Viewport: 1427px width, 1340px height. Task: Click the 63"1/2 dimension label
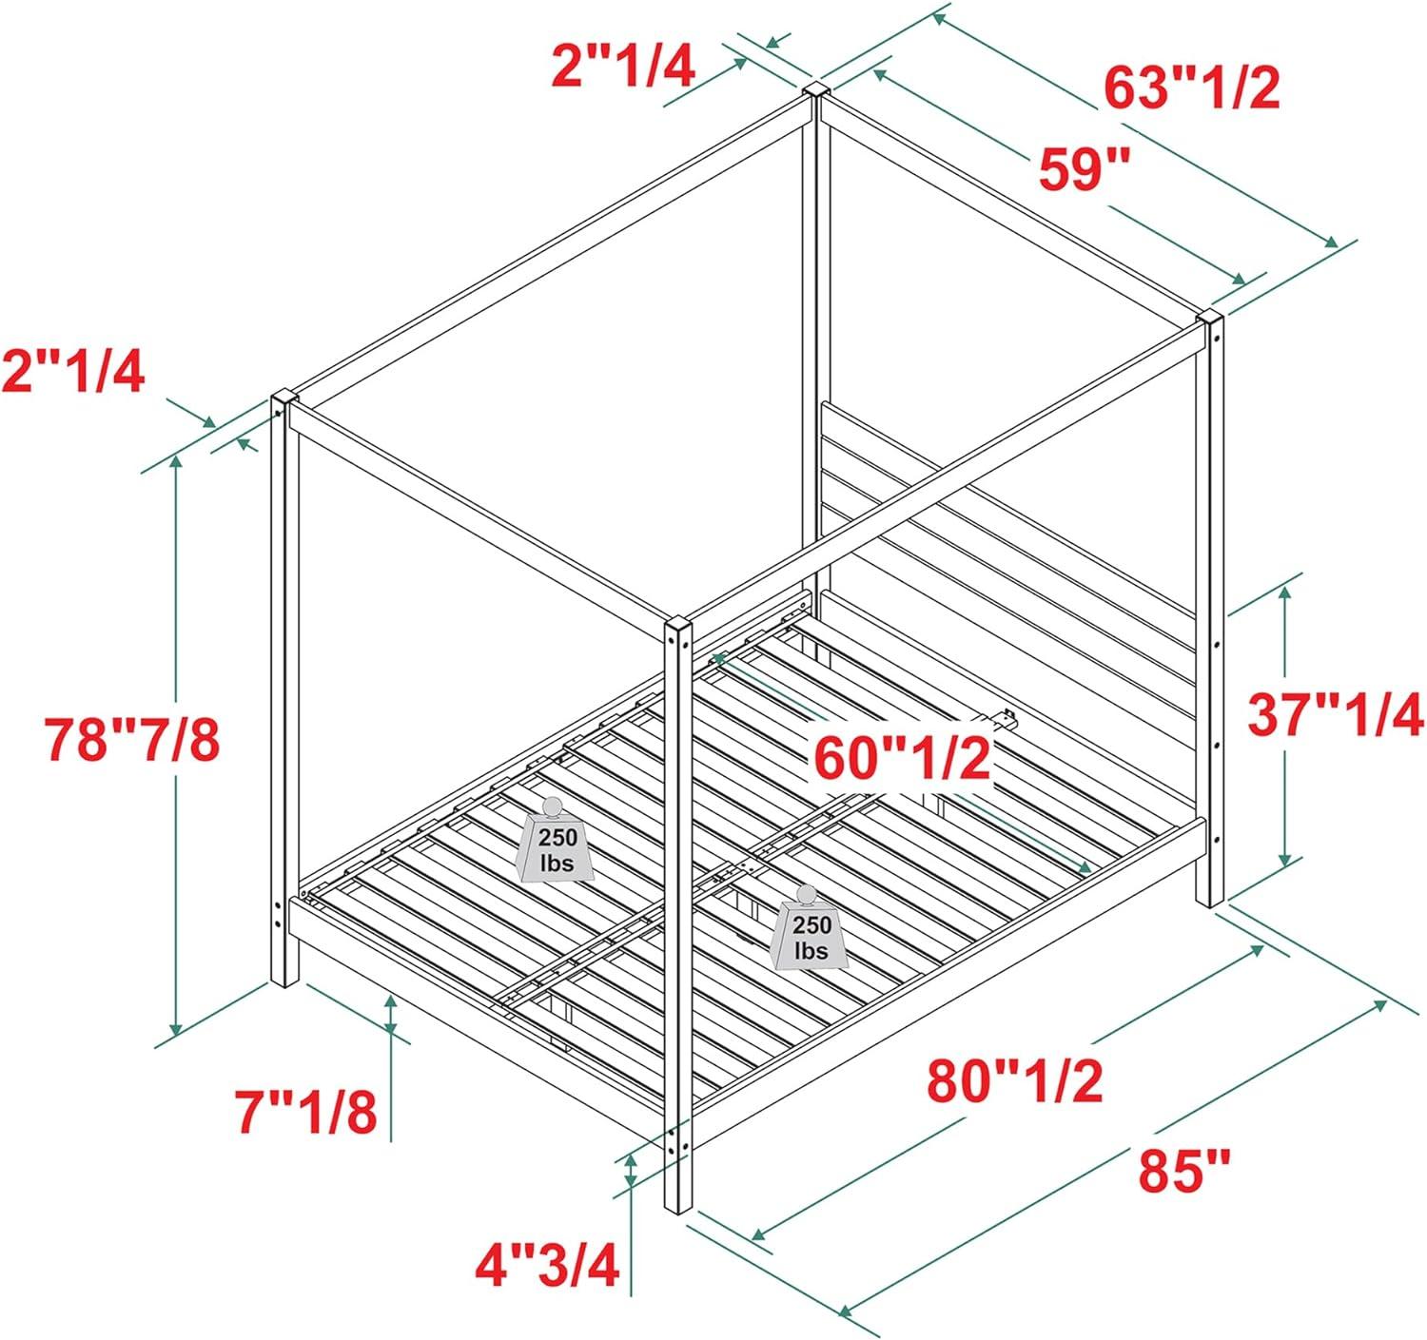1191,88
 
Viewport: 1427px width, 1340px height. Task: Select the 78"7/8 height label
131,740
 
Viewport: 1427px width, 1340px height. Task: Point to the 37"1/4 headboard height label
1335,715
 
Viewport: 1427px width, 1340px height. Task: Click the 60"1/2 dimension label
902,759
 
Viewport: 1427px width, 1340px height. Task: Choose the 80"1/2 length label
1015,1081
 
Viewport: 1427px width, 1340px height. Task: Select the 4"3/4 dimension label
547,1265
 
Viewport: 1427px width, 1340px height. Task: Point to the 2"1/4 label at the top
624,67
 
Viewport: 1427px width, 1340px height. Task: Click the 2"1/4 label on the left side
72,372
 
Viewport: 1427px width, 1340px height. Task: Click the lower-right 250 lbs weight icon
810,927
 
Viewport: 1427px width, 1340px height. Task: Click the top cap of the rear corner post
815,90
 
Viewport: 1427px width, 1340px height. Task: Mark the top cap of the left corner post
284,398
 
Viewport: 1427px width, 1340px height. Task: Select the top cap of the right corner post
1210,318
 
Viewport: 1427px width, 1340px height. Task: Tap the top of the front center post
678,622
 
